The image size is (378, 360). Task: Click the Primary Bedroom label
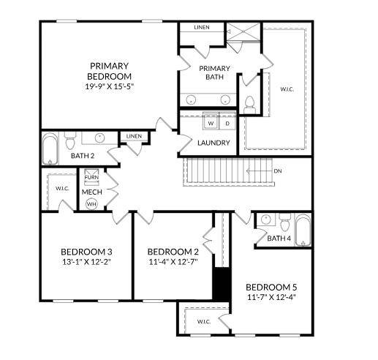(x=110, y=70)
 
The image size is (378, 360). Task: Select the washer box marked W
(x=211, y=122)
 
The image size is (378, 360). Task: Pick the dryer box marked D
(x=226, y=122)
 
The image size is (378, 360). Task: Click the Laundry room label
(x=214, y=143)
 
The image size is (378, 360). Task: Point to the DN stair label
(x=278, y=171)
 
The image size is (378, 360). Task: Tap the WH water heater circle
(x=91, y=204)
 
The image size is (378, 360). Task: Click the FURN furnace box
(x=91, y=177)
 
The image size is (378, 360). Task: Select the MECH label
(x=91, y=192)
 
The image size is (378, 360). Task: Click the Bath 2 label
(x=83, y=155)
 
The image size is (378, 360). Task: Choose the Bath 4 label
(x=279, y=239)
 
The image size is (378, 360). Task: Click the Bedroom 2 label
(x=173, y=251)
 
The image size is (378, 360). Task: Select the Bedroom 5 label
(x=270, y=286)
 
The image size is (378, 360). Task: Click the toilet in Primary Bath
(x=248, y=103)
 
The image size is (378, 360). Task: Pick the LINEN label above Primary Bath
(x=202, y=28)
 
